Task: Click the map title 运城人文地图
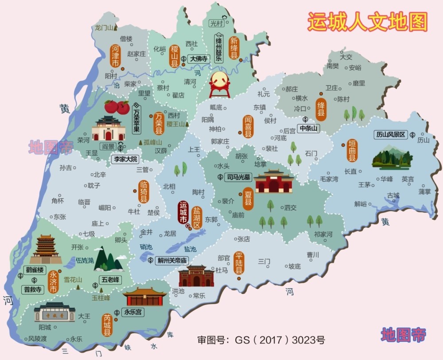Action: click(x=367, y=21)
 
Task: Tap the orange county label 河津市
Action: click(x=115, y=56)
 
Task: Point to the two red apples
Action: click(x=117, y=107)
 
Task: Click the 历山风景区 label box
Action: click(x=391, y=135)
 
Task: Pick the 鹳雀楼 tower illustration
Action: click(x=46, y=249)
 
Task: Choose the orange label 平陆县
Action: click(x=239, y=263)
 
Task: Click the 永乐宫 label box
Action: click(x=133, y=312)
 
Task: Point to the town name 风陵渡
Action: click(x=37, y=339)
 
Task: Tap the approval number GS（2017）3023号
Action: click(x=261, y=340)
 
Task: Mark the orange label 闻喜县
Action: click(x=248, y=126)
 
